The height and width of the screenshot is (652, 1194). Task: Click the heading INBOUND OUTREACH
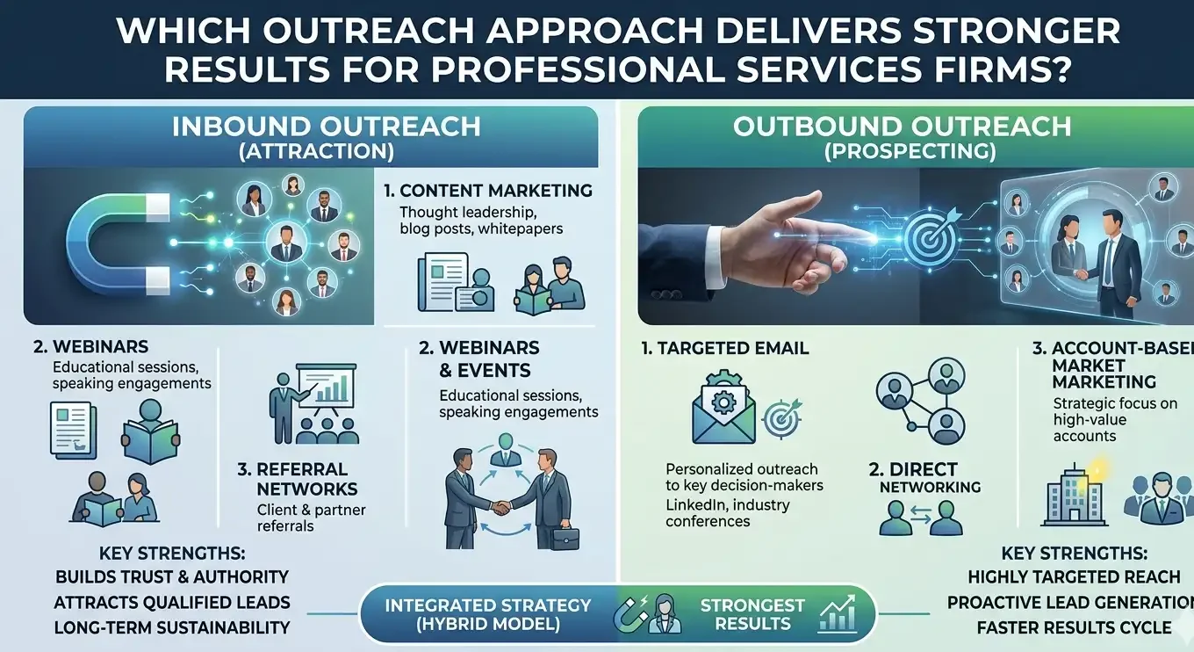327,127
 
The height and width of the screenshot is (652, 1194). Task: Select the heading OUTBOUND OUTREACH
902,127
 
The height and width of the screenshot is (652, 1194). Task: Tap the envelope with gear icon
723,409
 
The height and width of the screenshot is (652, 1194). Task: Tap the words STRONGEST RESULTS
752,614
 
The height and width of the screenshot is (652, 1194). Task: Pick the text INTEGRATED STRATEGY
488,605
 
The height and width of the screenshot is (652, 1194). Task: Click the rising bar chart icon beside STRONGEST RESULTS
837,613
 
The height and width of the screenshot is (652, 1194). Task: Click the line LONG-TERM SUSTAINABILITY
172,627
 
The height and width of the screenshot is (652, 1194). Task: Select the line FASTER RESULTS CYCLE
1074,627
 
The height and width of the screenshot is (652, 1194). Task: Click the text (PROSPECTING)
910,152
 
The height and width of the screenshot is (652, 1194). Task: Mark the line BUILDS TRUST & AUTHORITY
172,576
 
